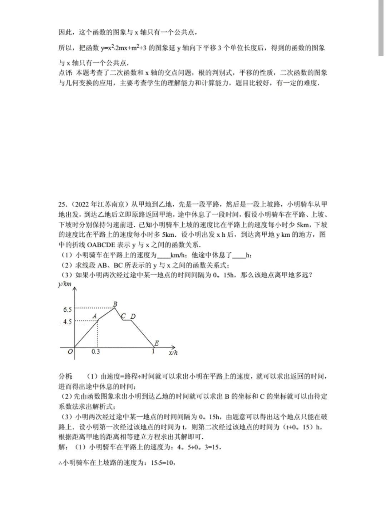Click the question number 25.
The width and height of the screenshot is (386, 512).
(62, 205)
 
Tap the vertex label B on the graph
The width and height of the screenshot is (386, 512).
(115, 304)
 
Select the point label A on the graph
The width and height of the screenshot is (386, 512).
(95, 316)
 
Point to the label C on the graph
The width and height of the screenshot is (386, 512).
(123, 316)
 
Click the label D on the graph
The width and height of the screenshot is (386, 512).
(133, 316)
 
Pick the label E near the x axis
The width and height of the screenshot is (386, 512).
(156, 343)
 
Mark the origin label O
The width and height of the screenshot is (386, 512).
(70, 352)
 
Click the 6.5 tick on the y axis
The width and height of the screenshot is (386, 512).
(68, 309)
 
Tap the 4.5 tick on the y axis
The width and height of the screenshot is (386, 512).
(68, 322)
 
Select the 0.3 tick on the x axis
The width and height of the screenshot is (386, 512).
(95, 352)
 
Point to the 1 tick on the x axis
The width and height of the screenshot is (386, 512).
(153, 352)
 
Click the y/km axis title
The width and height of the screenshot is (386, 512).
(65, 284)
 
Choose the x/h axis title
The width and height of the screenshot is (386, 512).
(173, 353)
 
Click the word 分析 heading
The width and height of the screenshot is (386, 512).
(65, 376)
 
